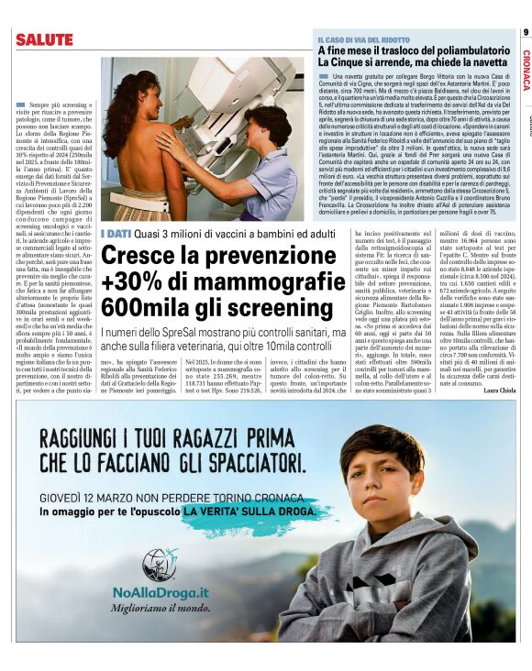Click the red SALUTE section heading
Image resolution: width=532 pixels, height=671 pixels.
click(41, 39)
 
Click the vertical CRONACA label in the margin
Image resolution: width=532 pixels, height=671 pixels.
click(526, 70)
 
